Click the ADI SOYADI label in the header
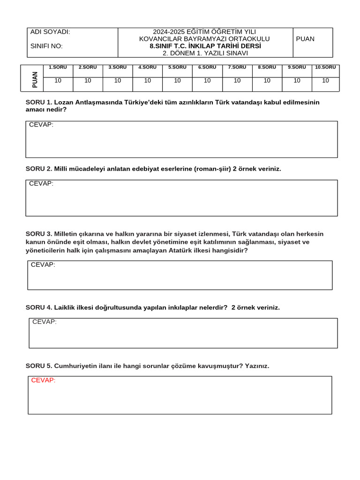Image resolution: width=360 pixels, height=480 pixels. (50, 32)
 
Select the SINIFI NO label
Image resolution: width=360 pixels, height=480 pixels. (46, 46)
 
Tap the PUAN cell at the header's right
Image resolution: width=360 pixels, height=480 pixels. (305, 39)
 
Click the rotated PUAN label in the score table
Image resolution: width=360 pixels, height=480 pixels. (35, 79)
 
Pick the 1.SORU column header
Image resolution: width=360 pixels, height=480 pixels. (58, 67)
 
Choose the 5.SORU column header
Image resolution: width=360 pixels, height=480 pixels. (177, 67)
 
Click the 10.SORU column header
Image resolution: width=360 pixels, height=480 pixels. (325, 67)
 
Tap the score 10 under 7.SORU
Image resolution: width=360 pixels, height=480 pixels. (237, 81)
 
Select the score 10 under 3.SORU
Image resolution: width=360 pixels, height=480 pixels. (118, 81)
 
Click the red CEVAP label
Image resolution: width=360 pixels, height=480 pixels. (43, 380)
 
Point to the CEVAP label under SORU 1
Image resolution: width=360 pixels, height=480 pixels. (41, 125)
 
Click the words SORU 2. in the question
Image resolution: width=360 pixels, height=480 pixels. (39, 169)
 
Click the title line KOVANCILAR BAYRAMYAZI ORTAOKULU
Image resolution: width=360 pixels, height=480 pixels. (204, 39)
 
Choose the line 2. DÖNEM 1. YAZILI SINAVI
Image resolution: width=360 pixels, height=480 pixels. (205, 53)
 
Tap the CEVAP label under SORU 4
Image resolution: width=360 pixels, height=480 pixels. (45, 322)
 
